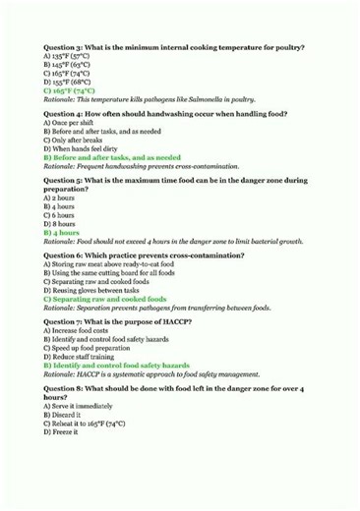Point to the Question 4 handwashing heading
(166, 114)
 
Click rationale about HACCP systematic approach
(157, 373)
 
